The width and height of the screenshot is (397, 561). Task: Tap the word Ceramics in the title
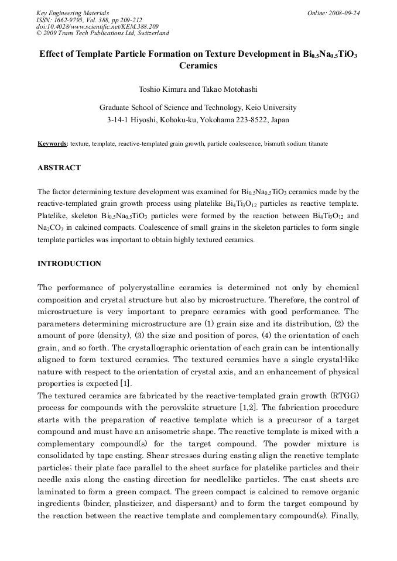pyautogui.click(x=198, y=66)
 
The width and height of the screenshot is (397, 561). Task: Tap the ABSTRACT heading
pyautogui.click(x=59, y=168)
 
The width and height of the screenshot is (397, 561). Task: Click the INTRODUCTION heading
pyautogui.click(x=69, y=264)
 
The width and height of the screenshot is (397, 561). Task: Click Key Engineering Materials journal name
pyautogui.click(x=72, y=13)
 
